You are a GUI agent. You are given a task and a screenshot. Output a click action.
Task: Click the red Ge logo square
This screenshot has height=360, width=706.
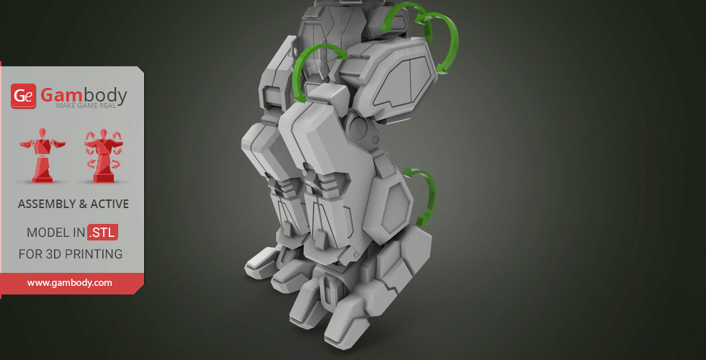coord(23,96)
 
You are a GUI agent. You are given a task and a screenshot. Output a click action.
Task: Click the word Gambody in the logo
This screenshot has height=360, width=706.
coord(84,95)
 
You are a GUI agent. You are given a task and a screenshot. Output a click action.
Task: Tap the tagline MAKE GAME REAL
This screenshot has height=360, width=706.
coord(86,106)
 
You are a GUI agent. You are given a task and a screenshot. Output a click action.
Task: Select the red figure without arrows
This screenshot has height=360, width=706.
coord(43,156)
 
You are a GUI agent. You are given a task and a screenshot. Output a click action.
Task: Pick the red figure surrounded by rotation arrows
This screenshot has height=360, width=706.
coord(103,156)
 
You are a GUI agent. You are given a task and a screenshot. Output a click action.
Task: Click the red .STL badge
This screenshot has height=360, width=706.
coord(102,232)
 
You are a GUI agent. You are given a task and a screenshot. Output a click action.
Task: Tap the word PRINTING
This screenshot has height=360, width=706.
coord(94,253)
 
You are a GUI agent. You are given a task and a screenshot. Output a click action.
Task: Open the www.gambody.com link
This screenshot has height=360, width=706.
coord(69,283)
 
